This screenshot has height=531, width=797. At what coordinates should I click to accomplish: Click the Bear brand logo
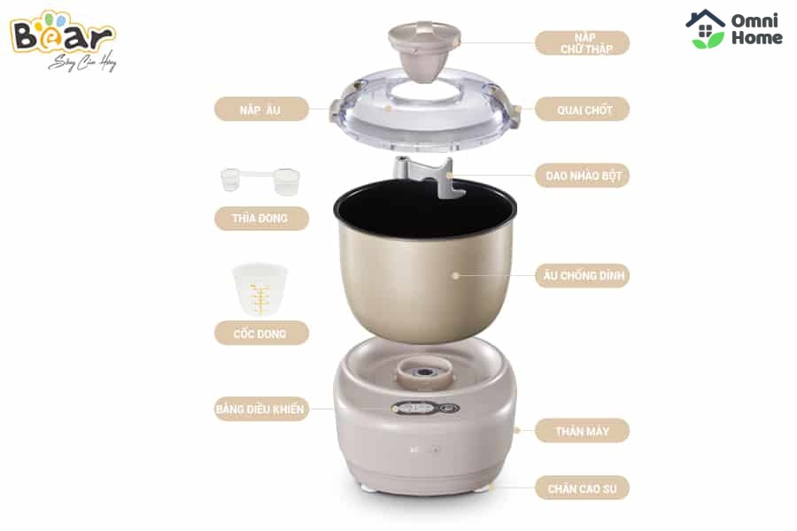pos(63,40)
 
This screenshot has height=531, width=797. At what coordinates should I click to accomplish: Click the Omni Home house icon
pos(705,29)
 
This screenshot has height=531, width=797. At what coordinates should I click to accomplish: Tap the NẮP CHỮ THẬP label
pos(583,43)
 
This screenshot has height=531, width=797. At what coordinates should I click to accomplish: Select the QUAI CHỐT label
pos(583,109)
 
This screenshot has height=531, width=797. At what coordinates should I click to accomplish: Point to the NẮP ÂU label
pos(261,109)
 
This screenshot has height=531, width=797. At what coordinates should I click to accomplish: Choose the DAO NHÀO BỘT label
pos(583,176)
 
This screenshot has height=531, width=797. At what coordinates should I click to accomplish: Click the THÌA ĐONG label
pos(261,219)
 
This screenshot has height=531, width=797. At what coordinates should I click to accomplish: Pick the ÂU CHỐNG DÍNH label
pos(583,275)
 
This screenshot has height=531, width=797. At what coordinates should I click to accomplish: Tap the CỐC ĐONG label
pos(261,334)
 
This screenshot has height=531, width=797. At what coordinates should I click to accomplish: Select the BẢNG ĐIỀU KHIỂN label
pos(261,409)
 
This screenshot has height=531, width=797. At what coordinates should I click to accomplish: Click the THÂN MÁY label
pos(583,431)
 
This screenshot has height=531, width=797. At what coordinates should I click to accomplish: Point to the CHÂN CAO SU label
pos(583,489)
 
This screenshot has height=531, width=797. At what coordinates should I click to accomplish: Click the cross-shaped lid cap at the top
pos(424,50)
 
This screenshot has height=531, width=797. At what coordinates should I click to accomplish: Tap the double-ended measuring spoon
pos(260,181)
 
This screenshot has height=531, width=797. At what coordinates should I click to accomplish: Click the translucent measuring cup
pos(260,289)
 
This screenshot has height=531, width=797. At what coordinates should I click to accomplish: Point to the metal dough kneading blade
pos(425,178)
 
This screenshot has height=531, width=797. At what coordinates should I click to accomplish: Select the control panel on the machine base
pos(425,408)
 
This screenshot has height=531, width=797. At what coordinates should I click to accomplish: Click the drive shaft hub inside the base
pos(423,373)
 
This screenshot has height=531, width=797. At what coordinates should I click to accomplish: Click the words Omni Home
pos(756,29)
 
